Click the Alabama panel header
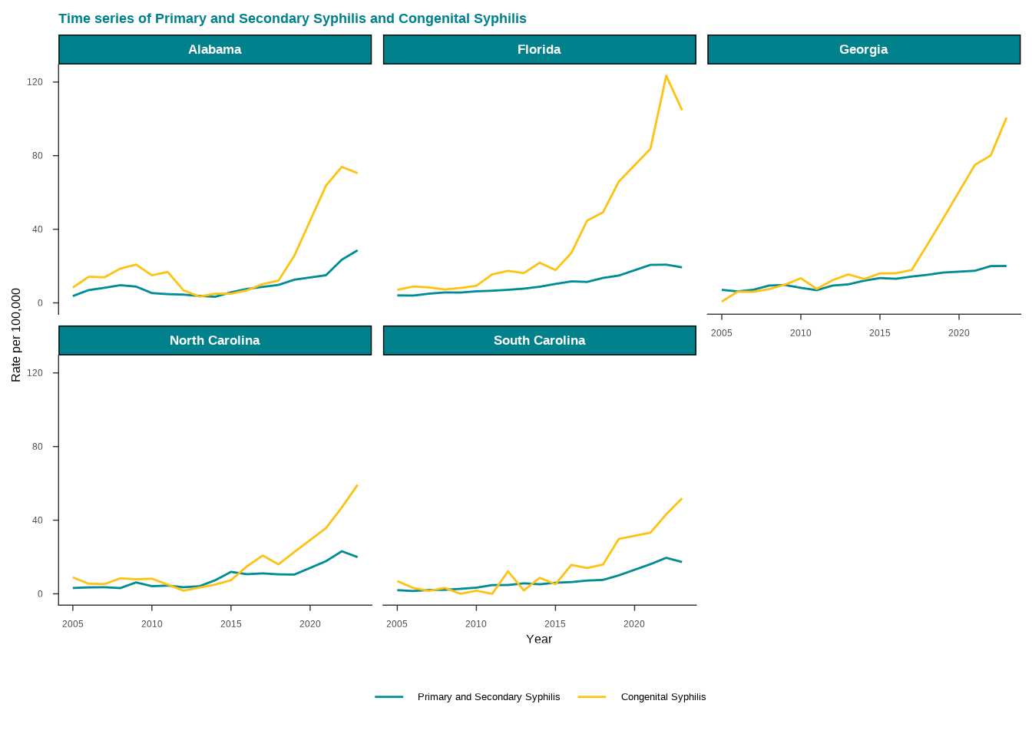[215, 50]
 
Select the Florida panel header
[539, 50]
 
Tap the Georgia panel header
[864, 50]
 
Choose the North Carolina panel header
[215, 341]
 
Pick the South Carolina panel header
[539, 341]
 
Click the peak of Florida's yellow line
[666, 75]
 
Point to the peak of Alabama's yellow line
[342, 167]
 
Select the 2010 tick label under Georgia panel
[800, 333]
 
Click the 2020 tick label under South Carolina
[633, 624]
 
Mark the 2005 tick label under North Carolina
[73, 624]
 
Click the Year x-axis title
[539, 640]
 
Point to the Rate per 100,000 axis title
[16, 335]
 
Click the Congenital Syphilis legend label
[663, 697]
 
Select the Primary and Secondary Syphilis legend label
[488, 697]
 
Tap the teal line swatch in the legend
[389, 697]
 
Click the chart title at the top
[293, 18]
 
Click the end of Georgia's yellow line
[1006, 118]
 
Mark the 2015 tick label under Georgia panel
[879, 333]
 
